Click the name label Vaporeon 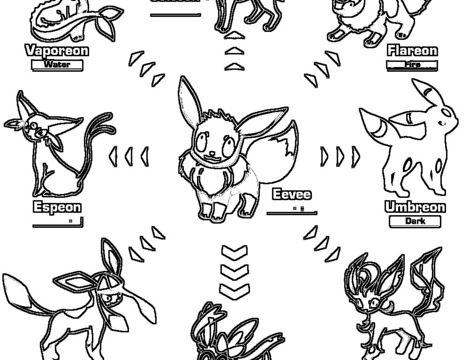[57, 50]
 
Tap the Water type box [57, 65]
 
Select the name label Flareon [412, 50]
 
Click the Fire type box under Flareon [412, 65]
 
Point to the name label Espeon [57, 207]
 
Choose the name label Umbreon [415, 207]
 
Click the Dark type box [415, 221]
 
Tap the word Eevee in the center [292, 194]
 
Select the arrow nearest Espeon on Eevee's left [113, 156]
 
